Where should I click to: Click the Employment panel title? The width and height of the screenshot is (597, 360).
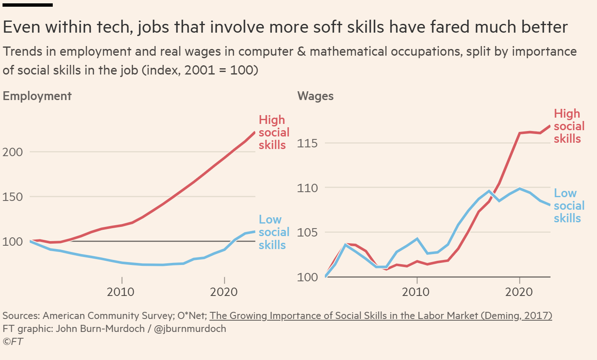pyautogui.click(x=37, y=96)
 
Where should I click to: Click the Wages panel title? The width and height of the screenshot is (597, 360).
pyautogui.click(x=315, y=96)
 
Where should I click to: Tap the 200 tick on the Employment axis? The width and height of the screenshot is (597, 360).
pyautogui.click(x=13, y=152)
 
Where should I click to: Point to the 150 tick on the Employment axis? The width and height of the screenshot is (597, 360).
pyautogui.click(x=13, y=197)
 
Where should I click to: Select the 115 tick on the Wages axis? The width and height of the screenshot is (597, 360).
pyautogui.click(x=308, y=143)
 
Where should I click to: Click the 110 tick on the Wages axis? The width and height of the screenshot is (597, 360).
pyautogui.click(x=308, y=188)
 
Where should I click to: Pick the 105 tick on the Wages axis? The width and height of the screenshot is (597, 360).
pyautogui.click(x=308, y=232)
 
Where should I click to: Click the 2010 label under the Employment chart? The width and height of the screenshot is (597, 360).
pyautogui.click(x=121, y=291)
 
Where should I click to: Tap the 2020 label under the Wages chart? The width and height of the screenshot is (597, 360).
pyautogui.click(x=519, y=291)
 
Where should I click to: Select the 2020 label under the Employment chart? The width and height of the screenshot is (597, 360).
pyautogui.click(x=224, y=291)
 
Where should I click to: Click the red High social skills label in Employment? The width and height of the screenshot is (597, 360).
pyautogui.click(x=274, y=132)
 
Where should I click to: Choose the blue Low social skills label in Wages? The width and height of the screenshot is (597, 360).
pyautogui.click(x=569, y=206)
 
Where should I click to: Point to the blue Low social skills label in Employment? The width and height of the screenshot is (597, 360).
pyautogui.click(x=274, y=232)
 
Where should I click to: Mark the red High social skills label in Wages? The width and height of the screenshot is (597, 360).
pyautogui.click(x=569, y=126)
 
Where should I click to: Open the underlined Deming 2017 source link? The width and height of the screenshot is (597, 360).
pyautogui.click(x=381, y=315)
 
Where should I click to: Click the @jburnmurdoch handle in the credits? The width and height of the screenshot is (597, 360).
pyautogui.click(x=190, y=329)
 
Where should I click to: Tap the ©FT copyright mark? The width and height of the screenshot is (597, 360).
pyautogui.click(x=13, y=342)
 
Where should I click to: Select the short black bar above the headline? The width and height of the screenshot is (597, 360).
pyautogui.click(x=28, y=5)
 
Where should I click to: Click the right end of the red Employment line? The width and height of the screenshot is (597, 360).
pyautogui.click(x=255, y=133)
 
